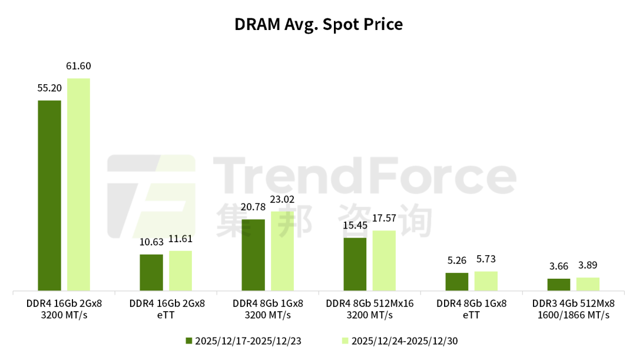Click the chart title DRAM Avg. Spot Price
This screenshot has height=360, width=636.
(x=318, y=25)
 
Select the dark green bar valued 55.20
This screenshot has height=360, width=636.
(x=49, y=196)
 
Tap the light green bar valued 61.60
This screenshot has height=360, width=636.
(x=78, y=185)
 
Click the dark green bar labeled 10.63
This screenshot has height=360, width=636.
(x=151, y=273)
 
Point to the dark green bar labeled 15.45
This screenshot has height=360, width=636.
(x=355, y=265)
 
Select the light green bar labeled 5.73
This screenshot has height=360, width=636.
(x=486, y=281)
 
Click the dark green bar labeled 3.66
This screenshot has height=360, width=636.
(x=559, y=285)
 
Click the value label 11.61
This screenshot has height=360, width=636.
(x=180, y=239)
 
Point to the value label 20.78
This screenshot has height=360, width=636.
(x=253, y=207)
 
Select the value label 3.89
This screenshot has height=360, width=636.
(x=588, y=266)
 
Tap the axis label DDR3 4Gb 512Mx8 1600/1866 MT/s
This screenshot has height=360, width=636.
(x=573, y=309)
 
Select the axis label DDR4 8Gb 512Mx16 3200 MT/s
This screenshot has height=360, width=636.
(x=369, y=309)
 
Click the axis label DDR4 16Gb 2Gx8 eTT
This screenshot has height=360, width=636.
(x=167, y=309)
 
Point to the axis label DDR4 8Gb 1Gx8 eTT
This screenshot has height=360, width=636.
(x=471, y=309)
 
